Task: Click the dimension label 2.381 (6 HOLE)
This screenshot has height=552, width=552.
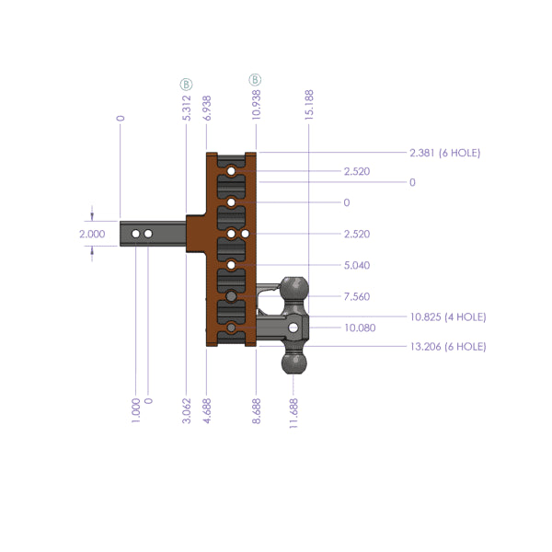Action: [x=445, y=153]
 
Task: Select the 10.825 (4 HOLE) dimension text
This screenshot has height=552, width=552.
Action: [x=448, y=316]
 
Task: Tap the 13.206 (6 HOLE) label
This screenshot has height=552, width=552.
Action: [x=448, y=347]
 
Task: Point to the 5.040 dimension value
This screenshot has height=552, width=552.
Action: [x=356, y=266]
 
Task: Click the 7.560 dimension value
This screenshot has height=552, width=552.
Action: [x=356, y=297]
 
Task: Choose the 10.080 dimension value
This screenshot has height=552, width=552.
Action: [x=359, y=328]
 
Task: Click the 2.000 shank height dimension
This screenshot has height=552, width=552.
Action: [x=92, y=234]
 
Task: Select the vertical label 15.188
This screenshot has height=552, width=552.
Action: [x=310, y=105]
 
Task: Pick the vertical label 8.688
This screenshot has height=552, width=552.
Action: [x=257, y=406]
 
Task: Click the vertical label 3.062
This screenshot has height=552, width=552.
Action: [x=187, y=406]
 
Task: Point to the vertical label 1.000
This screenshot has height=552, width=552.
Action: [x=136, y=406]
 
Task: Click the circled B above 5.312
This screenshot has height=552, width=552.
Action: [x=187, y=83]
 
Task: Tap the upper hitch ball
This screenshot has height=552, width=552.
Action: [x=296, y=287]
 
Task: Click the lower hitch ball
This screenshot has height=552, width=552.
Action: [x=296, y=363]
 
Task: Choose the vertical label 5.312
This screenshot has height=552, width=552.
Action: [x=187, y=108]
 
